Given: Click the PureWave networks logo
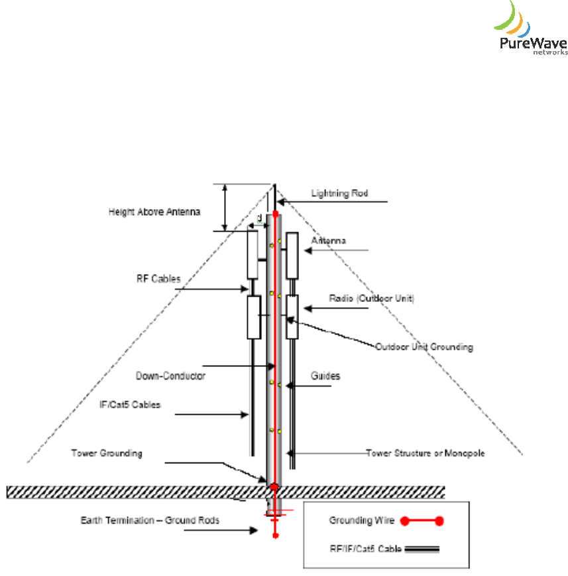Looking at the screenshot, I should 530,30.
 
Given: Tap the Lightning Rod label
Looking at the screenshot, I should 339,194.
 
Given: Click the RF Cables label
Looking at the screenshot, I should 154,279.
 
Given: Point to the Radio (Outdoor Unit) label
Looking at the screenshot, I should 372,299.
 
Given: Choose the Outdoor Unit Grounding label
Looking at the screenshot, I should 424,346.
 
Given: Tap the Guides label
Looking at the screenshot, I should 325,376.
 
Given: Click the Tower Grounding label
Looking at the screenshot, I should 107,453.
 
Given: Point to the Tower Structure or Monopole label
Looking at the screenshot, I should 426,453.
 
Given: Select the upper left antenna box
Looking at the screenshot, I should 252,254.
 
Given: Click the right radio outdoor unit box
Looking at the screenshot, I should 292,317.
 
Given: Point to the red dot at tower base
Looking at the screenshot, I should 274,488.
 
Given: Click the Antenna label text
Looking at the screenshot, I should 329,242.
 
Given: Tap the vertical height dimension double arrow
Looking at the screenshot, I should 226,208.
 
